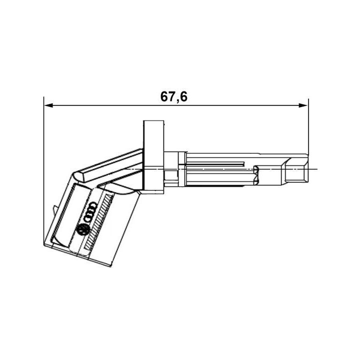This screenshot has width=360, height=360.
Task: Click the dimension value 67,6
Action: pos(174,97)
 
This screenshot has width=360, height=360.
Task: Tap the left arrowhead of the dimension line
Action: pos(48,105)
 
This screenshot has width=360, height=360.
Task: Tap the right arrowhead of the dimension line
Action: pos(303,105)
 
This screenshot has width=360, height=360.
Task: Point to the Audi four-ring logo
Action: pos(90,212)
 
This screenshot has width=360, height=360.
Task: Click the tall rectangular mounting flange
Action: pos(153,155)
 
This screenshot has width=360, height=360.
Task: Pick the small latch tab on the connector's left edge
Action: pos(55,210)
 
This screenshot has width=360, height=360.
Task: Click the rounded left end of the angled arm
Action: pos(78,176)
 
